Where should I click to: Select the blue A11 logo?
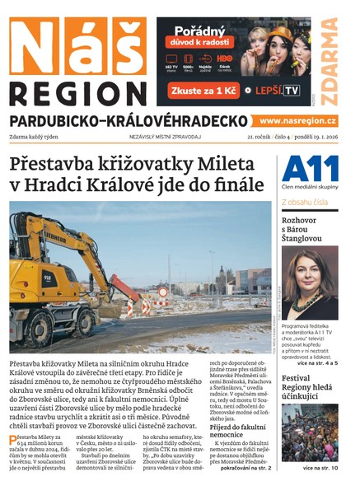point(310,169)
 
